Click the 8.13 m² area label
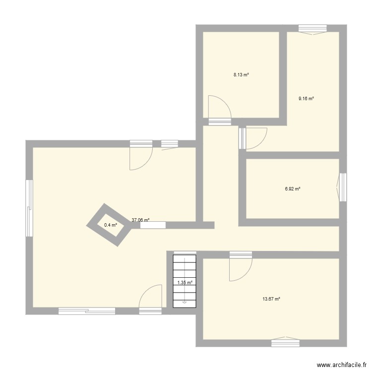pyautogui.click(x=241, y=75)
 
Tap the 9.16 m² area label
pyautogui.click(x=306, y=98)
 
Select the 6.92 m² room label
pyautogui.click(x=293, y=188)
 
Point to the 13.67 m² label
pyautogui.click(x=271, y=299)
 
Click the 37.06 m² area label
pyautogui.click(x=140, y=220)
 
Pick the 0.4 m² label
pyautogui.click(x=110, y=225)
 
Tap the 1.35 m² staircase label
pyautogui.click(x=185, y=283)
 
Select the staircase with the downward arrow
pyautogui.click(x=185, y=281)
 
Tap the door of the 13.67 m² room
pyautogui.click(x=241, y=268)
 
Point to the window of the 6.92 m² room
pyautogui.click(x=342, y=187)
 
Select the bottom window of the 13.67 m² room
pyautogui.click(x=285, y=342)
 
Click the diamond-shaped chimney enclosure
pyautogui.click(x=110, y=225)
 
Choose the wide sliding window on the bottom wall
pyautogui.click(x=87, y=311)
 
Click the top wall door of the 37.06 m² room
pyautogui.click(x=141, y=156)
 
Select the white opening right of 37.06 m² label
pyautogui.click(x=153, y=225)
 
